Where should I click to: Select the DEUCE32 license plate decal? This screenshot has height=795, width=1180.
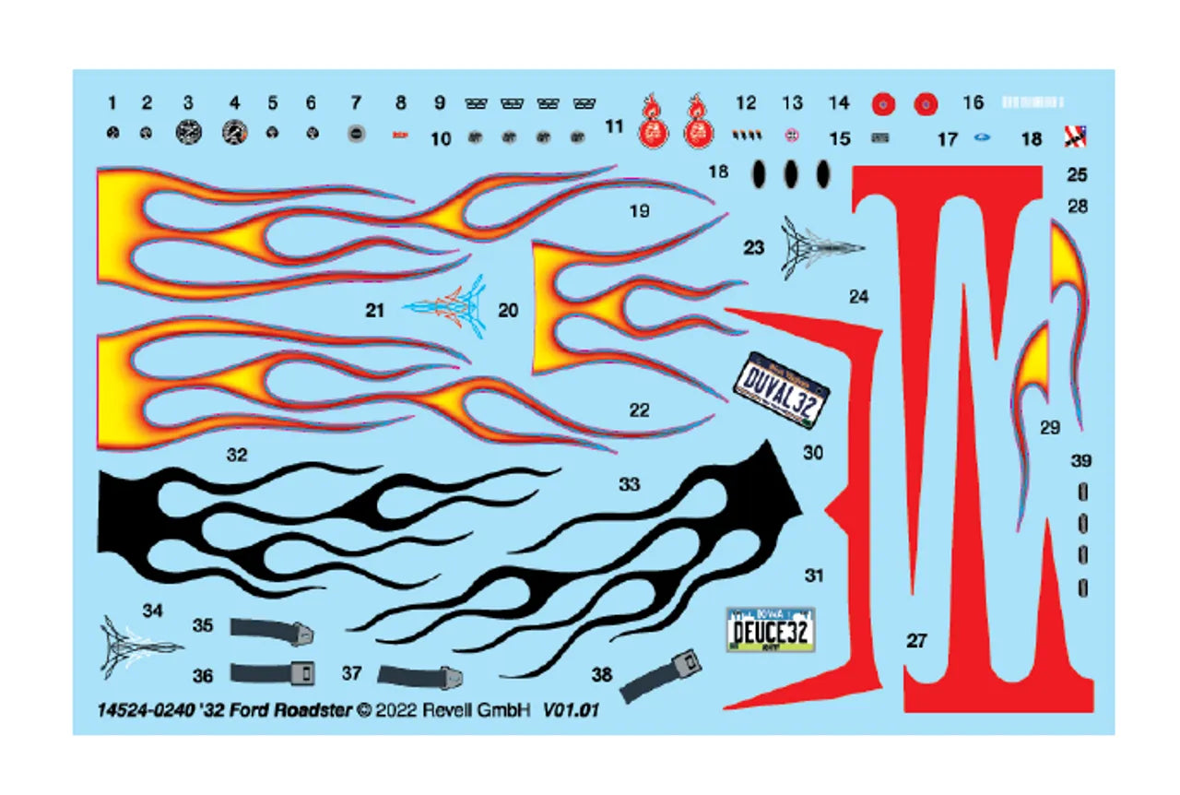(x=770, y=631)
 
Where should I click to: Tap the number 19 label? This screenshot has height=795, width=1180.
(x=639, y=211)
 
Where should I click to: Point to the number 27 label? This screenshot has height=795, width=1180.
(x=915, y=640)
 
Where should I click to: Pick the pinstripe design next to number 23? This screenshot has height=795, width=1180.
(x=820, y=246)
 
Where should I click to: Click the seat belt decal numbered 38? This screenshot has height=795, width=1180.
(x=660, y=675)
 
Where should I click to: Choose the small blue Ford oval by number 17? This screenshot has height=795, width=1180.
(x=981, y=138)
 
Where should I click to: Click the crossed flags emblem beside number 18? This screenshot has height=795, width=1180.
(x=1075, y=136)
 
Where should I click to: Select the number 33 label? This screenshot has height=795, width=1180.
(x=629, y=483)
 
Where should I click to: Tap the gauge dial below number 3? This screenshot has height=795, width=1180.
(x=188, y=132)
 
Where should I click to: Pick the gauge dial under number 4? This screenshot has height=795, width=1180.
(x=234, y=132)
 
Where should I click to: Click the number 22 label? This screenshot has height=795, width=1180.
(x=639, y=410)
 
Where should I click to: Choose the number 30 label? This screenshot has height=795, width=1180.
(x=812, y=453)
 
